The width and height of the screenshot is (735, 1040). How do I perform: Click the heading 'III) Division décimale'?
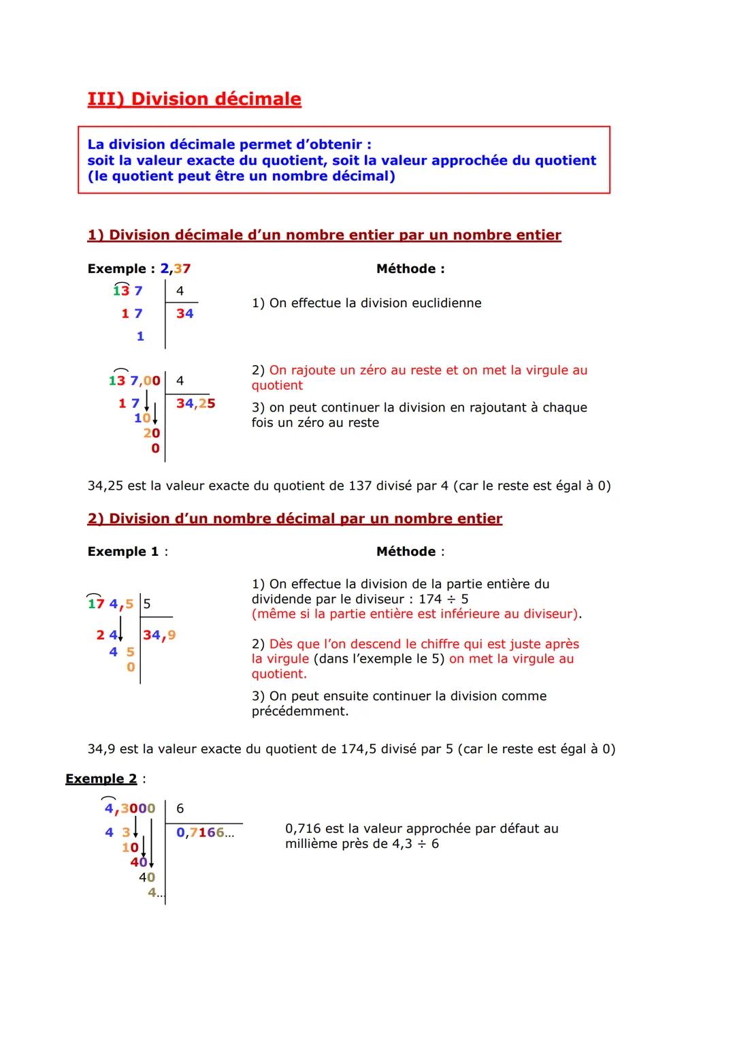(194, 99)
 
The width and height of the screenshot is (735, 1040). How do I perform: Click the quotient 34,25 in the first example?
(195, 403)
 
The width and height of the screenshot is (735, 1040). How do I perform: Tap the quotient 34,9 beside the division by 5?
(159, 635)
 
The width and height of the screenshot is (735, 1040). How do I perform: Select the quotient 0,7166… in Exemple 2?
(204, 832)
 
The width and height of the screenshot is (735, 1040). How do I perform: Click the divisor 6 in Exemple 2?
(180, 808)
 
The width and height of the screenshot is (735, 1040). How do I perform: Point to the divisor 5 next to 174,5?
(147, 603)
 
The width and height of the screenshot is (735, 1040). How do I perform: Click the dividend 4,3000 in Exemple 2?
(129, 808)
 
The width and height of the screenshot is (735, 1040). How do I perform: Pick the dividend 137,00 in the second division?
(134, 381)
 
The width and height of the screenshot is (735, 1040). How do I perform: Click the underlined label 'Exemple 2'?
(101, 778)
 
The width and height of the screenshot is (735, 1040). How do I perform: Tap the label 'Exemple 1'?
(123, 552)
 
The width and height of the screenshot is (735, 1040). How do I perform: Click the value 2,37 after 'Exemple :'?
(176, 269)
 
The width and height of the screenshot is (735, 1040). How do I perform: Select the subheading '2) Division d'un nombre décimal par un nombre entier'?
(295, 519)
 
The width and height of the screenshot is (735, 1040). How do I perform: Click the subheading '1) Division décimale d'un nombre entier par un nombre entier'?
(324, 235)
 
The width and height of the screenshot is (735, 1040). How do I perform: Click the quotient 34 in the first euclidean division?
(184, 313)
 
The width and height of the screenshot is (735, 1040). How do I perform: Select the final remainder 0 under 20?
(155, 448)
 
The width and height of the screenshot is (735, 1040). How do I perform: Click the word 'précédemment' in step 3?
(299, 712)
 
